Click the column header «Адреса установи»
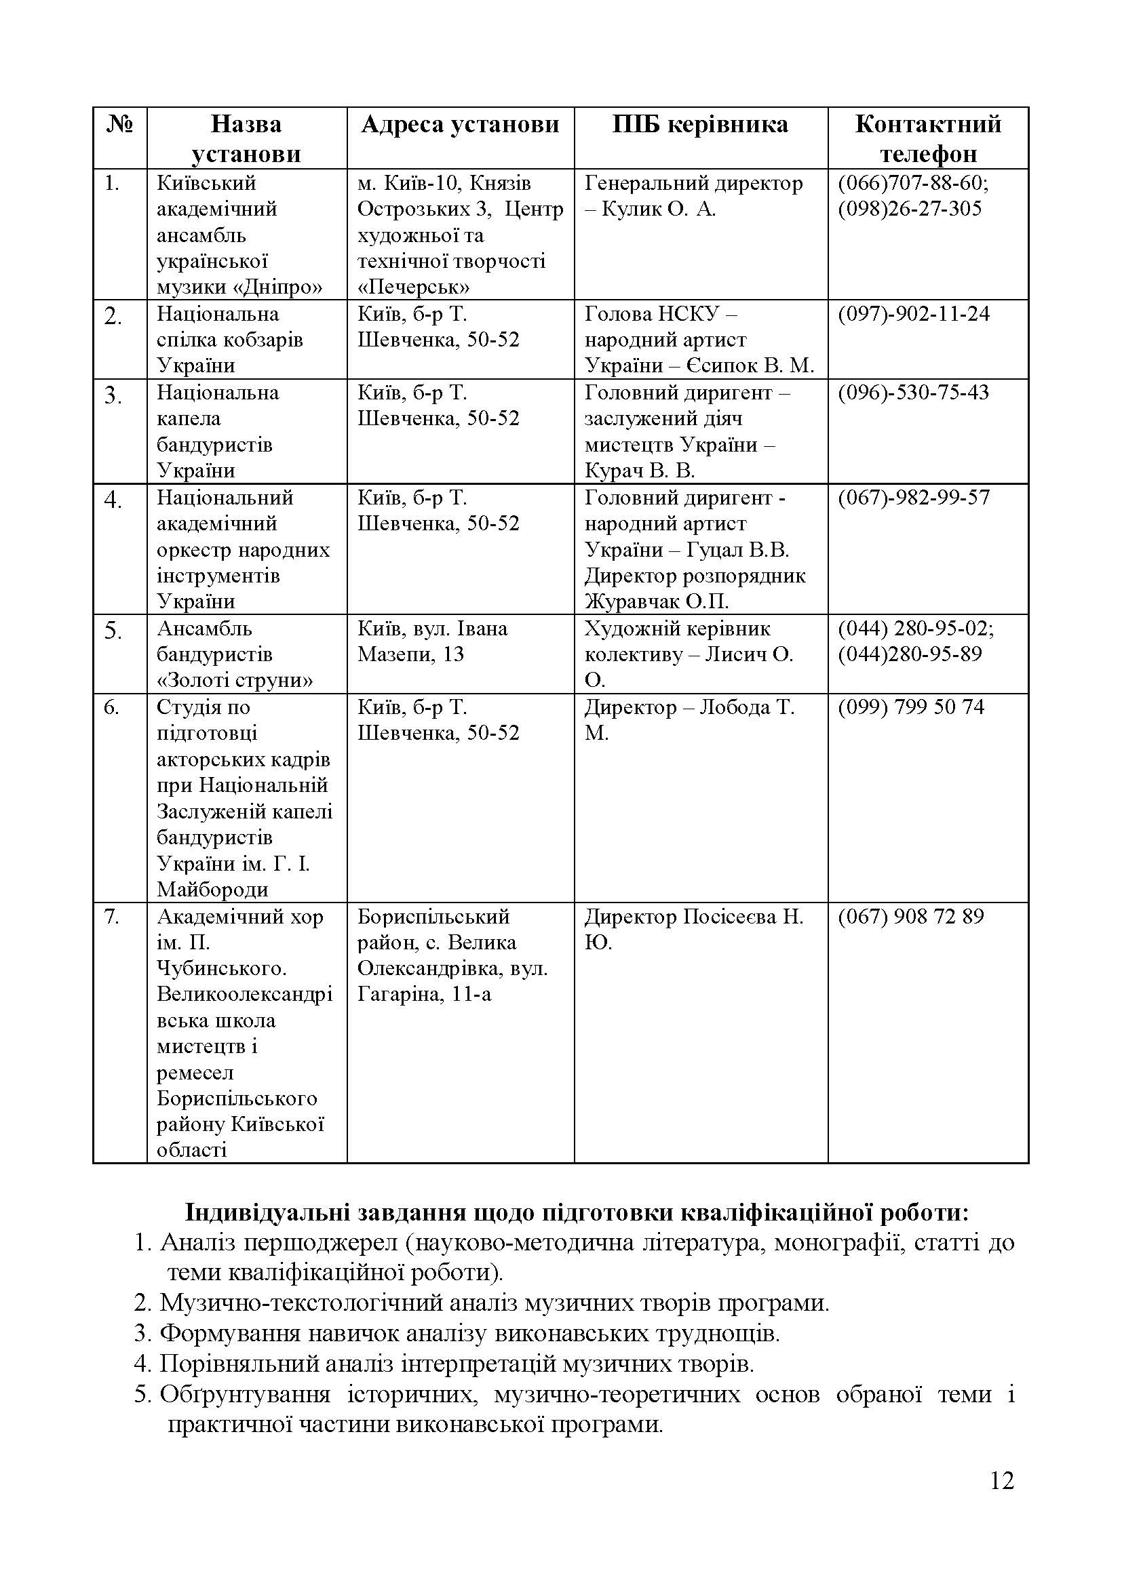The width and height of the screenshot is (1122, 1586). point(459,124)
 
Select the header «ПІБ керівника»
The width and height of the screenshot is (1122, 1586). point(700,124)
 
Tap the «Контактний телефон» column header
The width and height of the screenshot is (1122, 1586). point(928,138)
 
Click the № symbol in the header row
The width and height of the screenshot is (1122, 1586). point(119,124)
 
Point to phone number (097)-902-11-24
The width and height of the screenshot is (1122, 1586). point(913,315)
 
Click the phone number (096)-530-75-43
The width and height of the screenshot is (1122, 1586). point(913,393)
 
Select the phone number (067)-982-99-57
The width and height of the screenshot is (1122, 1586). point(913,497)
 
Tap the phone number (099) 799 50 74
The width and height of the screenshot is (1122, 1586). point(910,707)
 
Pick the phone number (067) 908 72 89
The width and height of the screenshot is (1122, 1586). point(910,916)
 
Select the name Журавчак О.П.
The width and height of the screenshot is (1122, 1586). point(657,601)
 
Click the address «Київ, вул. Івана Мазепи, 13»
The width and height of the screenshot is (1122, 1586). point(432,641)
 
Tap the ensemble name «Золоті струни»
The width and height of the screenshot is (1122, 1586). point(235,680)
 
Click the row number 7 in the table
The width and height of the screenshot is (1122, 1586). point(111,917)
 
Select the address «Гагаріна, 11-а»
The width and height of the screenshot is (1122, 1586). point(424,995)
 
